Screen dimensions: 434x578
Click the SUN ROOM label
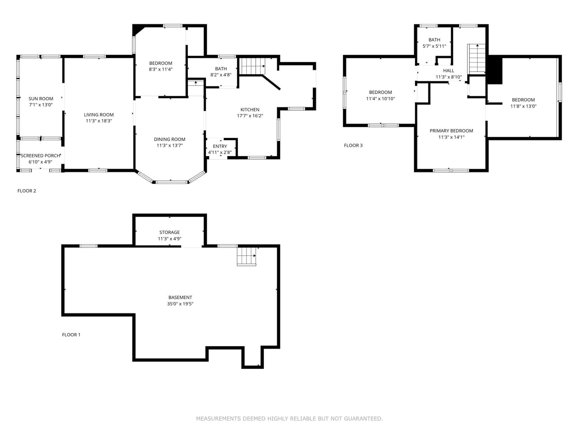tap(41, 99)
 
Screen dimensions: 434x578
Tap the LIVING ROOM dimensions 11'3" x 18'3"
tap(99, 121)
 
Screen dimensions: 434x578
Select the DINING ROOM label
tap(169, 139)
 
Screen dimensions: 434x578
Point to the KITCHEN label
tap(250, 109)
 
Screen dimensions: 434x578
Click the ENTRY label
tap(220, 146)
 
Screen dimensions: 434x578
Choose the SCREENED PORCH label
tap(40, 156)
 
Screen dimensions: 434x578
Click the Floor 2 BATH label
tap(221, 69)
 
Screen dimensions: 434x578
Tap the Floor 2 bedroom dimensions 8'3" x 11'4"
tap(161, 70)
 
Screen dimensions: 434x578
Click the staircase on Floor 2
tap(252, 66)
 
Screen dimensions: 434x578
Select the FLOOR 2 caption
tap(27, 191)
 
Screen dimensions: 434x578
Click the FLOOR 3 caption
tap(353, 146)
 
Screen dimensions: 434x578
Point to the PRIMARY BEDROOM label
tap(451, 131)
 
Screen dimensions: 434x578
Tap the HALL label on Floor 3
tap(448, 71)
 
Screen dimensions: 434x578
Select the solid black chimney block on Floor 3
tap(495, 70)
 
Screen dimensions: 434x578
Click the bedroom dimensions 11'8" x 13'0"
tap(523, 106)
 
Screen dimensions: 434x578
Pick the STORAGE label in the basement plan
tap(169, 232)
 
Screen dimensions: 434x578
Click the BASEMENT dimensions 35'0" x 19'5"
tap(180, 304)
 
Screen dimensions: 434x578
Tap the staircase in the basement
tap(247, 256)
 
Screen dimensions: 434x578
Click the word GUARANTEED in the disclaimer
tap(363, 419)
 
